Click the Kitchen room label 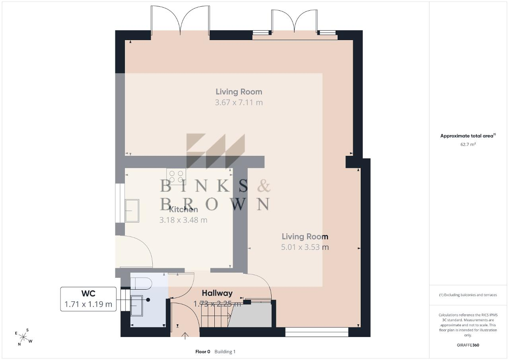[x=183, y=209]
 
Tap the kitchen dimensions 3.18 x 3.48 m [x=183, y=220]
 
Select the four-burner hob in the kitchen [x=176, y=176]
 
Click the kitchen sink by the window [x=132, y=211]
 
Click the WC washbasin [x=136, y=306]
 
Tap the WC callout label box [x=88, y=299]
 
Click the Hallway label [x=217, y=293]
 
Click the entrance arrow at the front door [x=185, y=336]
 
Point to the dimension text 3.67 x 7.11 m [x=239, y=103]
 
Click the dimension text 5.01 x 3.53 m [x=305, y=247]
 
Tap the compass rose [x=23, y=337]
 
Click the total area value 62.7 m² [x=468, y=144]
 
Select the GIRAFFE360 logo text [x=468, y=345]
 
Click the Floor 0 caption [x=203, y=352]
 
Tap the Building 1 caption [x=225, y=352]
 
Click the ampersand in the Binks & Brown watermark [x=264, y=186]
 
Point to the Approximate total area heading [x=468, y=136]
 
